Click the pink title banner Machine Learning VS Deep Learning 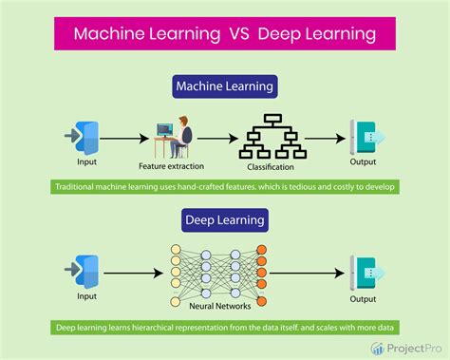tap(224, 36)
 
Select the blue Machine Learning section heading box tap(224, 87)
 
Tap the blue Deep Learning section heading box tap(224, 220)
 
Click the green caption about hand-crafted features tap(225, 187)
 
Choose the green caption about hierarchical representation tap(225, 328)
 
